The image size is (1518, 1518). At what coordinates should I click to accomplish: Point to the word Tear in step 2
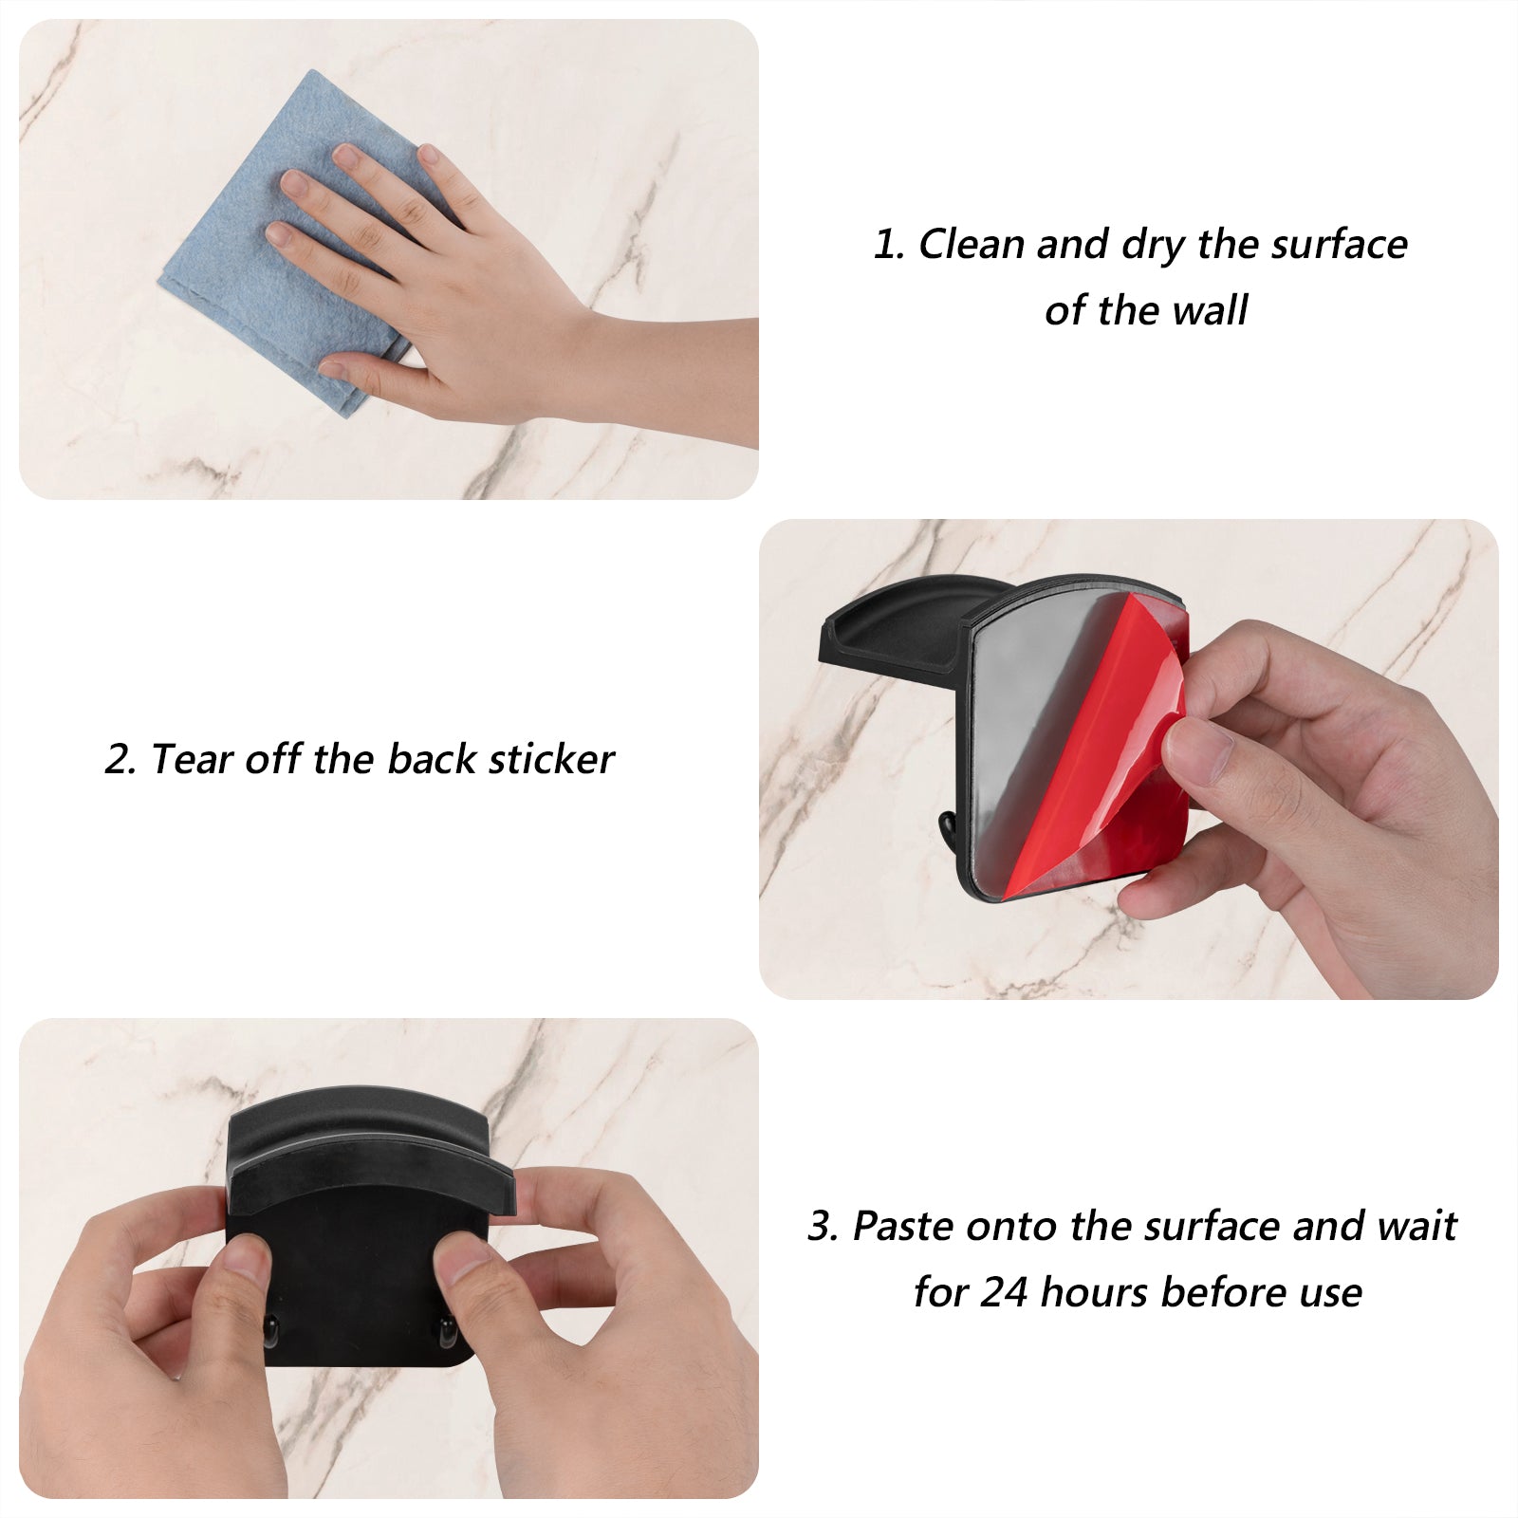192,760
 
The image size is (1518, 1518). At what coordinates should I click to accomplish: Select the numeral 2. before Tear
121,760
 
